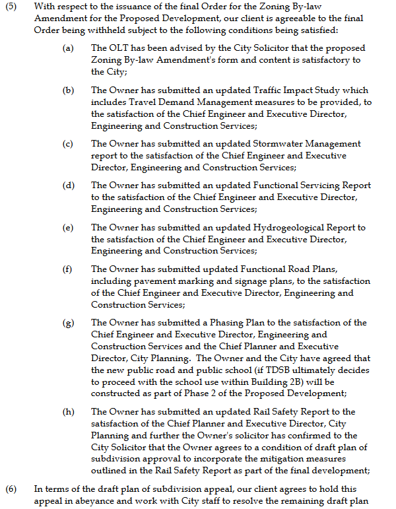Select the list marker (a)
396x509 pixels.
pyautogui.click(x=68, y=49)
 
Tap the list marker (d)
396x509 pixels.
pyautogui.click(x=68, y=186)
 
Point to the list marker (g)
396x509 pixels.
pyautogui.click(x=68, y=323)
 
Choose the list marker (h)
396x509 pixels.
pyautogui.click(x=68, y=412)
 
